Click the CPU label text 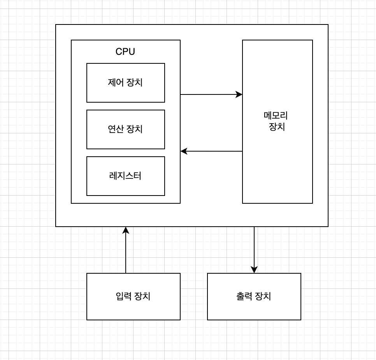125,52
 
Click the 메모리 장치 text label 277,121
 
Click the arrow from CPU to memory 210,94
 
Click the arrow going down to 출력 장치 254,249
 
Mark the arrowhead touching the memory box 239,94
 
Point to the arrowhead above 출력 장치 254,270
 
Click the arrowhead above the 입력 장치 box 126,230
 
